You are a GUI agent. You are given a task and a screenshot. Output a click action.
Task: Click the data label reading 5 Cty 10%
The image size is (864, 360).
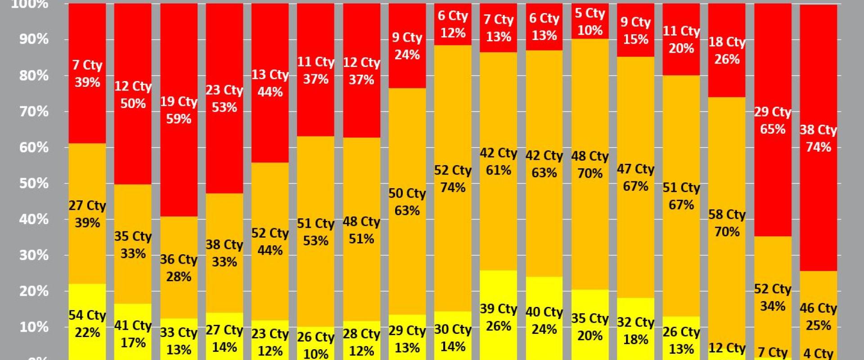tap(589, 22)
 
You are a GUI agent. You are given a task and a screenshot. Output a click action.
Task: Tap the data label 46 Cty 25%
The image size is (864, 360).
tap(818, 317)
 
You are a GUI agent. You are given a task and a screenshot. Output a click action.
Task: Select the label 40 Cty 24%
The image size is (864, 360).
tap(544, 320)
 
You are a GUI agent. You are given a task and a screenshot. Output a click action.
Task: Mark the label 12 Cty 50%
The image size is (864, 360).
tap(133, 94)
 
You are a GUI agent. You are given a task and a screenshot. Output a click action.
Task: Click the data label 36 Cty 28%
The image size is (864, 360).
tap(179, 268)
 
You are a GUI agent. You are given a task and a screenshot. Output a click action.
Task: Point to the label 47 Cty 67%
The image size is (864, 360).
tap(635, 177)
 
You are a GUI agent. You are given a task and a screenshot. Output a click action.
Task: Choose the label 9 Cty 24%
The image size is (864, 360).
tap(407, 46)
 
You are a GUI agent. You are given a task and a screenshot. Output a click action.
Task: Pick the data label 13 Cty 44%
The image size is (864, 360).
tap(270, 83)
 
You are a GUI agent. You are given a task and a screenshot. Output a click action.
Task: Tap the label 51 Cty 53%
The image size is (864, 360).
tap(315, 232)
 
